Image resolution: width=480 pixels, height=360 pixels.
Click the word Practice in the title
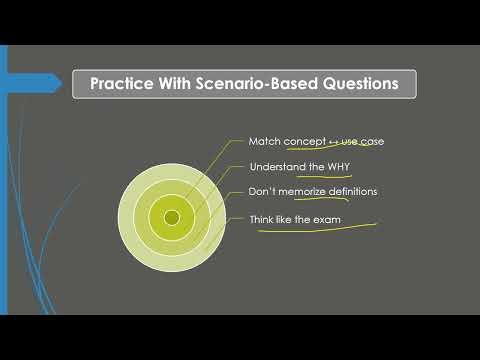click(x=122, y=83)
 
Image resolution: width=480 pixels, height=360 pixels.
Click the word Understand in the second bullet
click(x=276, y=166)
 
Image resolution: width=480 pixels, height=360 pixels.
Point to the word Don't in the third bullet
click(x=260, y=191)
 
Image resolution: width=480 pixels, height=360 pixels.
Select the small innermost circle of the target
click(x=172, y=217)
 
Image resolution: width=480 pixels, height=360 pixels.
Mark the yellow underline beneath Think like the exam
click(x=310, y=227)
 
